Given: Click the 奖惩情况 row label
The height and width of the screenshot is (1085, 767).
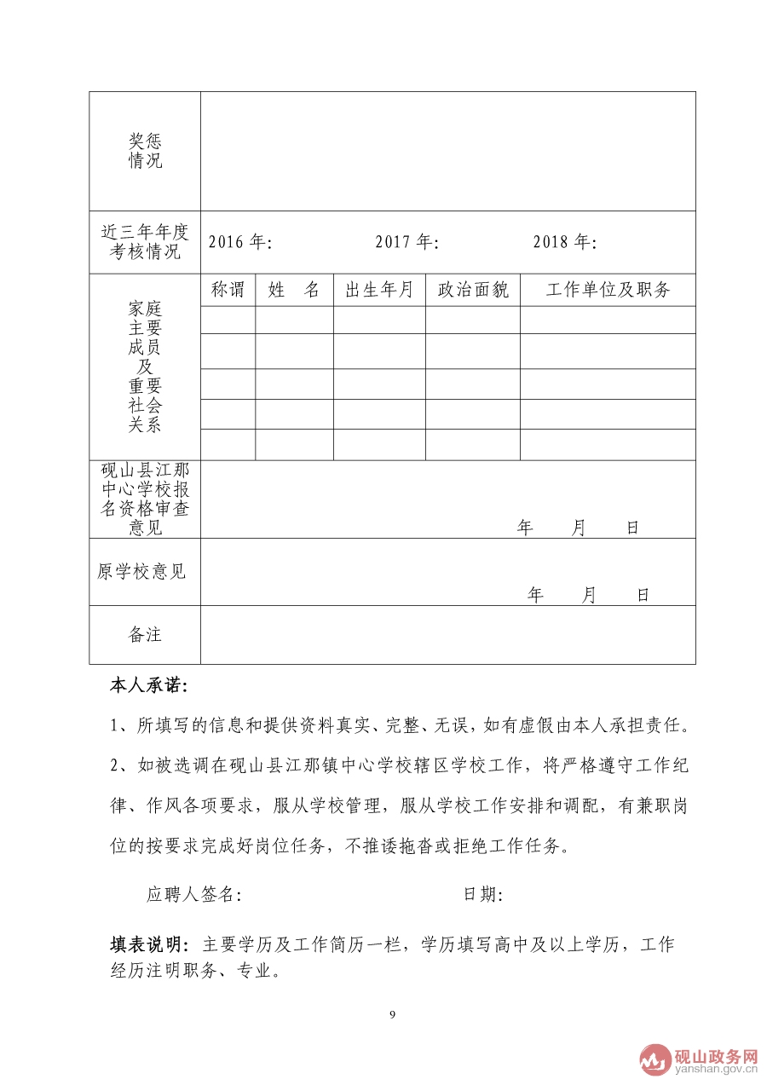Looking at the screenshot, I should [145, 151].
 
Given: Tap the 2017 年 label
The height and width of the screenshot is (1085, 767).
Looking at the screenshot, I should [407, 242].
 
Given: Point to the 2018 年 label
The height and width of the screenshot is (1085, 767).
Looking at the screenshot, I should [565, 242].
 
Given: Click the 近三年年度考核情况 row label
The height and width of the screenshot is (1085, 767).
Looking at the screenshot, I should [145, 242].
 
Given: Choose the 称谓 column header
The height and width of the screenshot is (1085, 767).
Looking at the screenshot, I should [228, 290].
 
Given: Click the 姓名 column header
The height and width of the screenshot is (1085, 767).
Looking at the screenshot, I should [294, 290].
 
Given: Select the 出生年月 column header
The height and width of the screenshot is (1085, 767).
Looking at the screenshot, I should [378, 290].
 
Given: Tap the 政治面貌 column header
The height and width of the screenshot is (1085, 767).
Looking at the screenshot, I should [473, 290].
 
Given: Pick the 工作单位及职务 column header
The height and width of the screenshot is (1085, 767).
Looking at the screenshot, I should [608, 290].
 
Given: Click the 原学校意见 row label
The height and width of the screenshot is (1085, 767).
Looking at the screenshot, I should [141, 572].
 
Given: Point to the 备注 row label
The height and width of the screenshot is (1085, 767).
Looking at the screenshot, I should [145, 634].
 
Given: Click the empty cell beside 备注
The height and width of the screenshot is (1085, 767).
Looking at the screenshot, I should [447, 634].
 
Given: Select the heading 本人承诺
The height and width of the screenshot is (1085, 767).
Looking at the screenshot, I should [149, 685].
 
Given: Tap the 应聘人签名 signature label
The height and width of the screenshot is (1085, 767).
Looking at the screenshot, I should [194, 894].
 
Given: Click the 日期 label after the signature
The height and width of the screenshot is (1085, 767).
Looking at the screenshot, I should [482, 894].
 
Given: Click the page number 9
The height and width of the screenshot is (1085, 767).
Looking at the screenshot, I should [392, 1014].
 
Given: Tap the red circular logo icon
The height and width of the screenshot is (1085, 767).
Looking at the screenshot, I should [655, 1059].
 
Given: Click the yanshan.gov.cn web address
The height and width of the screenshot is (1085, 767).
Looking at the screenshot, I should [716, 1071].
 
